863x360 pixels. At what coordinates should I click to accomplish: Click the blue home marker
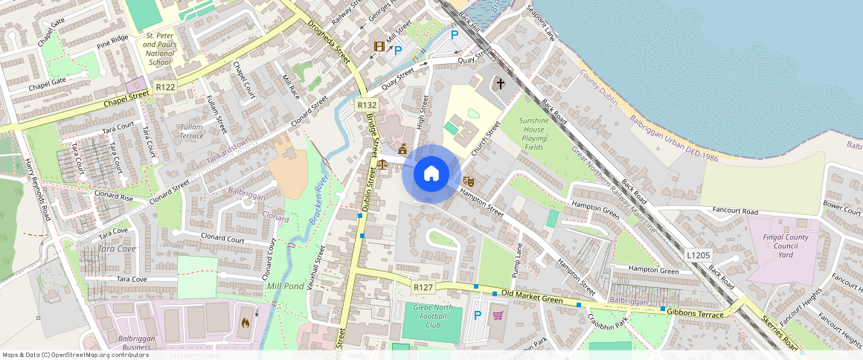pos(431,175)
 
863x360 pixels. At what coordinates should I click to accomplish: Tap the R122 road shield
pos(165,88)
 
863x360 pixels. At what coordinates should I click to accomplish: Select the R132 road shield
pos(366,106)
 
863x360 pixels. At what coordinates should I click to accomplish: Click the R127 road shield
pos(423,286)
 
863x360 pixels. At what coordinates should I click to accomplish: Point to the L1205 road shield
pos(698,255)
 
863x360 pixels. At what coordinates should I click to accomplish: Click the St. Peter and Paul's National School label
pos(161,49)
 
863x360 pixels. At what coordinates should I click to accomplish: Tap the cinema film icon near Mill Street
pos(380,47)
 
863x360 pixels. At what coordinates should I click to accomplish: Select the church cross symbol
pos(501,84)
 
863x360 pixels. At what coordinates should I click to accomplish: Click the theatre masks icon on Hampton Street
pos(469,181)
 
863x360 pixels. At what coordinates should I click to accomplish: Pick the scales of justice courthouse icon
pos(382,165)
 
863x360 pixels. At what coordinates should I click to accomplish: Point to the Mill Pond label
pos(284,286)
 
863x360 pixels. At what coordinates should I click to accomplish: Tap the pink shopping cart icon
pos(498,315)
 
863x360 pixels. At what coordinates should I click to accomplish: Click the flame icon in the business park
pos(245,324)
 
